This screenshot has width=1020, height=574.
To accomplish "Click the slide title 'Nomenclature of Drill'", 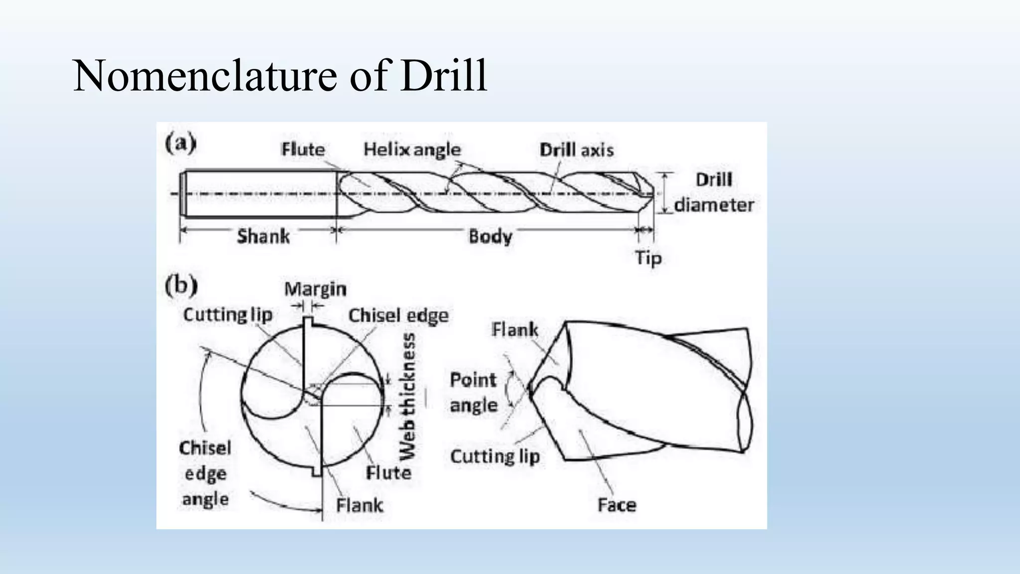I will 279,76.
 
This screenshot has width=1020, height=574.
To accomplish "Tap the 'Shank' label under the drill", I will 263,236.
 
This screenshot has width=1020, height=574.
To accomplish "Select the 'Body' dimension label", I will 490,236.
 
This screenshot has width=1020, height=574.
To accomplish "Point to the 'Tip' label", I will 648,258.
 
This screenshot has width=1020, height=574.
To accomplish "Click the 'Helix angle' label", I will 412,149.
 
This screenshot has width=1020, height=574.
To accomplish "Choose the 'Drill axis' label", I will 576,150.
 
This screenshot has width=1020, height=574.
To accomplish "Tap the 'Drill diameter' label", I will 714,192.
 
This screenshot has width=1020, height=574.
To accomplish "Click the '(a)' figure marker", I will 180,143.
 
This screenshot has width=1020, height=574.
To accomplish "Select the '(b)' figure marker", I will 181,286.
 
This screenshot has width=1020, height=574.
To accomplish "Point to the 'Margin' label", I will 315,289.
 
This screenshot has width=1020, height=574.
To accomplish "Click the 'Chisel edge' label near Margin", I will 398,315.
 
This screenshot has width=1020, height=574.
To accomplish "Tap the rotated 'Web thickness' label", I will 408,397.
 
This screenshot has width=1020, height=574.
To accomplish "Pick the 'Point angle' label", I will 473,393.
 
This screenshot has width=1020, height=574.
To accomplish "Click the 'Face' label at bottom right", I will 617,505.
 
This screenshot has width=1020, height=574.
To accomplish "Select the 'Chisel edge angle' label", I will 205,473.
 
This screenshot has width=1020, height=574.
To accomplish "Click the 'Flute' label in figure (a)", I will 303,149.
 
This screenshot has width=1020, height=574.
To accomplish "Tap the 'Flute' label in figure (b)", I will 388,472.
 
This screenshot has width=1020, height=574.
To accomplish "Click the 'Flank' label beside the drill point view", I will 514,329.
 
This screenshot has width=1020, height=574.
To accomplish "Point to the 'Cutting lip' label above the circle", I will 228,315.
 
